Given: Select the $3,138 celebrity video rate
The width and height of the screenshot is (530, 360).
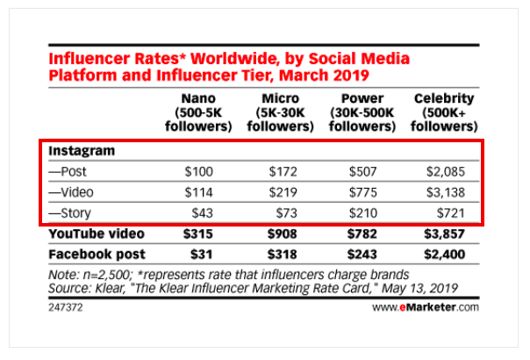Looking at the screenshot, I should (x=454, y=192).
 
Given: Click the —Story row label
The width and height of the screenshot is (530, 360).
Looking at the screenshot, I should (x=75, y=213).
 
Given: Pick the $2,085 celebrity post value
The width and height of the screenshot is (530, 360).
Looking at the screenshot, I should (x=454, y=171).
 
